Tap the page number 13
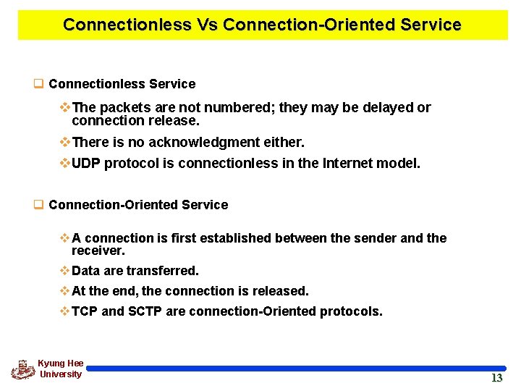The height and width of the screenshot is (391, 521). tap(496, 378)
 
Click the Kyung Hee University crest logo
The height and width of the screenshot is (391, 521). tap(22, 369)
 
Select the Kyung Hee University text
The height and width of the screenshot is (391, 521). tap(61, 369)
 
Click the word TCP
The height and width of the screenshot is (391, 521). tap(85, 312)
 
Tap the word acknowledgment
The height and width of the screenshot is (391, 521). tap(216, 143)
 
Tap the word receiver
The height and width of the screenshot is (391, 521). tap(98, 251)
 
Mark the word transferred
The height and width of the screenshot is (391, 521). tap(162, 271)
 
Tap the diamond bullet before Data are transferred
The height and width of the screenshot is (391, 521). tap(64, 271)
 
